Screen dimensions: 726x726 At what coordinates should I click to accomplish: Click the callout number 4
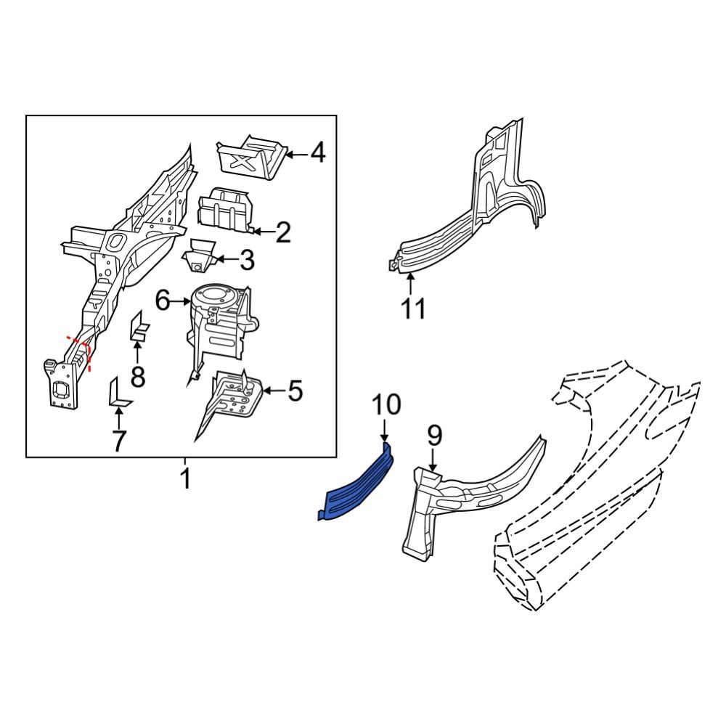coord(318,152)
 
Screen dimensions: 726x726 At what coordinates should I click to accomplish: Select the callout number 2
coord(283,232)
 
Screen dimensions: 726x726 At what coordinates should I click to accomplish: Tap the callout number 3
coord(248,260)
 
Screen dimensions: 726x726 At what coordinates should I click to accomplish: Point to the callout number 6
coord(163,301)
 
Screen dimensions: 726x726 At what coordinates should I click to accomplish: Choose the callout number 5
coord(295,391)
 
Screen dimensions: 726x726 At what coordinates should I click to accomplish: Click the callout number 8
coord(138,376)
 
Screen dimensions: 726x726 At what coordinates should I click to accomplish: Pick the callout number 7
coord(119,441)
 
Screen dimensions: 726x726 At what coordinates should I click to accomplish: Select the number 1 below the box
coord(185,478)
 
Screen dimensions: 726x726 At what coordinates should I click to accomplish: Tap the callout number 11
coord(414,308)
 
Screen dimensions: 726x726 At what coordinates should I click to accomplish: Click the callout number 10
coord(387,404)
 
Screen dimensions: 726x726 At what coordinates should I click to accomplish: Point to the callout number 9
coord(435,436)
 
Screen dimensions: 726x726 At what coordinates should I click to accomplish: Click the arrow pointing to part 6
coord(181,302)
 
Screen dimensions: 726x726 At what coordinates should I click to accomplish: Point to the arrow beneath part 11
coord(410,285)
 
